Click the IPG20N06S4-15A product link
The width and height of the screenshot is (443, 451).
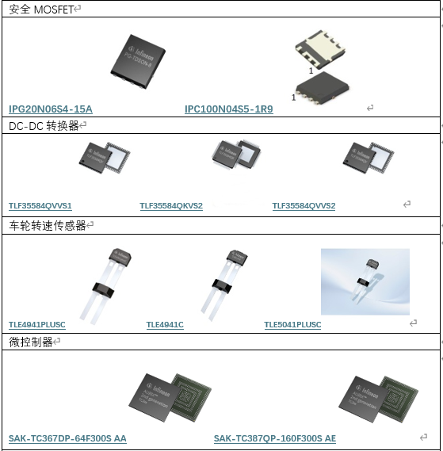pyautogui.click(x=51, y=109)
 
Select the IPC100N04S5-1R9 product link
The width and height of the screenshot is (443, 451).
pyautogui.click(x=228, y=109)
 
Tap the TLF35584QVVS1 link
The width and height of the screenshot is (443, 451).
pyautogui.click(x=45, y=205)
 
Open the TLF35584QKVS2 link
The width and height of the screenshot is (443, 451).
pyautogui.click(x=171, y=205)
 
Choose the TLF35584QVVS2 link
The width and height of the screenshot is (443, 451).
pyautogui.click(x=304, y=205)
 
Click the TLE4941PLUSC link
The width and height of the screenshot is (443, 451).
pyautogui.click(x=37, y=325)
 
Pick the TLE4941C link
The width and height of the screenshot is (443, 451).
pyautogui.click(x=165, y=325)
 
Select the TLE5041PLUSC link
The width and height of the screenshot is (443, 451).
pyautogui.click(x=292, y=325)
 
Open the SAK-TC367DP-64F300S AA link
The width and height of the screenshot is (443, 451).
pyautogui.click(x=67, y=438)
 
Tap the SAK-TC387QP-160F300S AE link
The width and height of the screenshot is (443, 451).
pyautogui.click(x=274, y=438)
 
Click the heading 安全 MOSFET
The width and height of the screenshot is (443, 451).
pyautogui.click(x=43, y=9)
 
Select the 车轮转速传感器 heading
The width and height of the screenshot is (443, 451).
pyautogui.click(x=47, y=226)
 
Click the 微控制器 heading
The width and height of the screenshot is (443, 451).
pyautogui.click(x=31, y=342)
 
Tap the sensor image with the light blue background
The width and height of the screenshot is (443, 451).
pyautogui.click(x=365, y=281)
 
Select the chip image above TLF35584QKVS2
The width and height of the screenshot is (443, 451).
pyautogui.click(x=235, y=156)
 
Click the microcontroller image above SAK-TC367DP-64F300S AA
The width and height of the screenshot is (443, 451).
pyautogui.click(x=168, y=396)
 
